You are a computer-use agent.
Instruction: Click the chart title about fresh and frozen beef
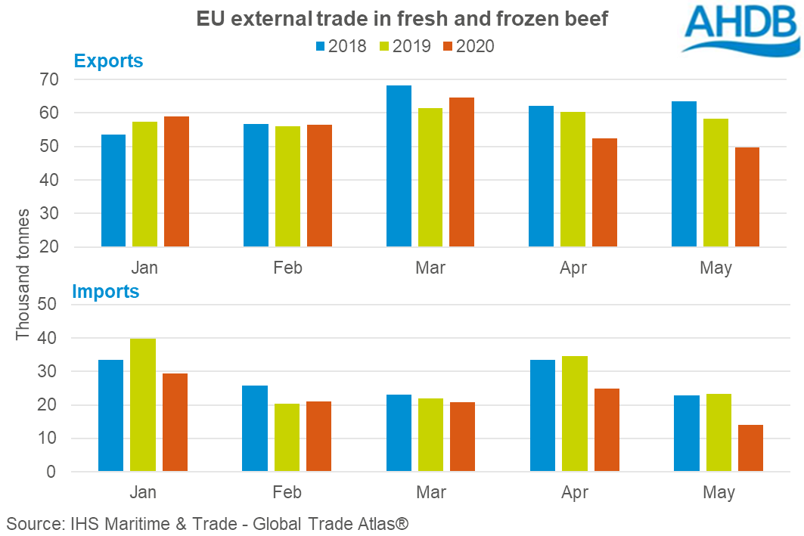click(x=402, y=18)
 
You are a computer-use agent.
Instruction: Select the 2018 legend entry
click(x=340, y=46)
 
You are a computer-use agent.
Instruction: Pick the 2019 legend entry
click(x=405, y=46)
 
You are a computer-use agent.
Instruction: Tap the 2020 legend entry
click(x=470, y=46)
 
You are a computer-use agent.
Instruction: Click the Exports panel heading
click(x=108, y=61)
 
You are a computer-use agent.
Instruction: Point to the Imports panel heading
click(x=106, y=291)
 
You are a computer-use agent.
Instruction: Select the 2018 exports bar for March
click(x=399, y=166)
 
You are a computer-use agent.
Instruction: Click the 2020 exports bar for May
click(x=747, y=197)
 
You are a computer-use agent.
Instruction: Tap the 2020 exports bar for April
click(x=605, y=192)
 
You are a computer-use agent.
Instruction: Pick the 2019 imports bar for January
click(x=143, y=405)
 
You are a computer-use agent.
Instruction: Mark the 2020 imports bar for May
click(x=750, y=448)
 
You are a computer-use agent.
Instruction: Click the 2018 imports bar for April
click(x=543, y=416)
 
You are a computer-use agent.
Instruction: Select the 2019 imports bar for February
click(x=287, y=438)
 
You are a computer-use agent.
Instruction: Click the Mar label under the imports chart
click(x=431, y=493)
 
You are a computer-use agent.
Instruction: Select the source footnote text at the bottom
click(x=208, y=523)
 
